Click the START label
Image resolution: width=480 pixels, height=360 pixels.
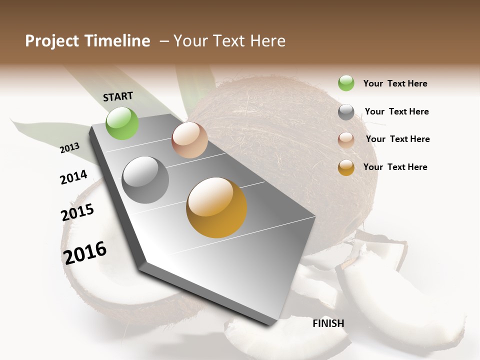(118, 96)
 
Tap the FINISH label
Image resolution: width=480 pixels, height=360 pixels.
(328, 323)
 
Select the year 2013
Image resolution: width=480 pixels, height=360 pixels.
(70, 147)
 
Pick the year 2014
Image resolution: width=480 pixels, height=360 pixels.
(74, 177)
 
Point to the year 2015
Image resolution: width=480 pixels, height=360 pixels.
(77, 212)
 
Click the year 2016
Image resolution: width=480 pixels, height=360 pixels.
(85, 252)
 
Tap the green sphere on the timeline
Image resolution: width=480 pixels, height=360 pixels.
(122, 123)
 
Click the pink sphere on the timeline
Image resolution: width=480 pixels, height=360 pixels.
(189, 140)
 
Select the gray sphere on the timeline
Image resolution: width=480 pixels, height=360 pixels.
(145, 180)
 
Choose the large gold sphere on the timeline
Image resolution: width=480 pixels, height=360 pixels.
(216, 207)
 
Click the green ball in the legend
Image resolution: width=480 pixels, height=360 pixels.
(346, 83)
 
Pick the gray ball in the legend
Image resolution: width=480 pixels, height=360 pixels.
(346, 112)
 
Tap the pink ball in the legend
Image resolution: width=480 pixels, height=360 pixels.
(346, 139)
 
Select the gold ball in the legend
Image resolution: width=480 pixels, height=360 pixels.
(346, 167)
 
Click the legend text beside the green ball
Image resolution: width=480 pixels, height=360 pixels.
(395, 83)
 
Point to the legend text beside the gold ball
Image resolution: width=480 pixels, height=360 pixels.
(395, 167)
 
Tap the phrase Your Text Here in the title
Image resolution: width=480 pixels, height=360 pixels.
(229, 41)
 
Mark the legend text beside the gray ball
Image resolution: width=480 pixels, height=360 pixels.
(396, 111)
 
